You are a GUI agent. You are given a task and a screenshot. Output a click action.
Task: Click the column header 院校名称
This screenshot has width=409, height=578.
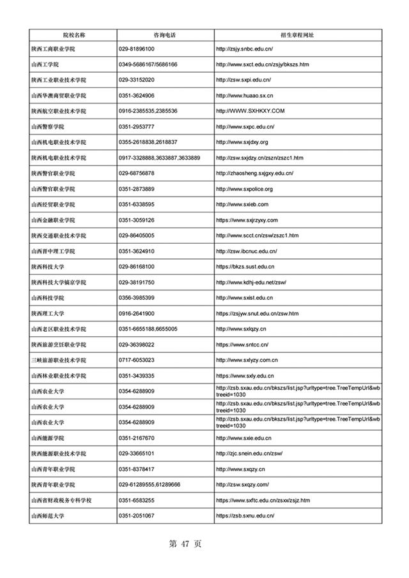pyautogui.click(x=73, y=34)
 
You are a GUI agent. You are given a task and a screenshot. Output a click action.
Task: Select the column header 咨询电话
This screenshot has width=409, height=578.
pyautogui.click(x=165, y=34)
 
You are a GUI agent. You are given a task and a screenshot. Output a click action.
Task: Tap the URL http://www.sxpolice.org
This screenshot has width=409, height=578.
pyautogui.click(x=245, y=189)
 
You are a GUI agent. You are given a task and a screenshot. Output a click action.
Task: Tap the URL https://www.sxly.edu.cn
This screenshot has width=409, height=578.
pyautogui.click(x=245, y=376)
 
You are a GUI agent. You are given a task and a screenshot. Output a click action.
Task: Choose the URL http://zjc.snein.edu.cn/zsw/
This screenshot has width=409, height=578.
pyautogui.click(x=249, y=454)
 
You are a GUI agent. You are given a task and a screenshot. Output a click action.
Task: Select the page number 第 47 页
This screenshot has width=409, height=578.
pyautogui.click(x=185, y=544)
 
